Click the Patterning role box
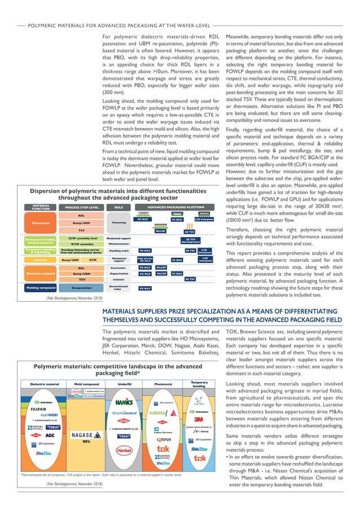118,222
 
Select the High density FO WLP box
145,260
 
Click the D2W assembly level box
82,239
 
